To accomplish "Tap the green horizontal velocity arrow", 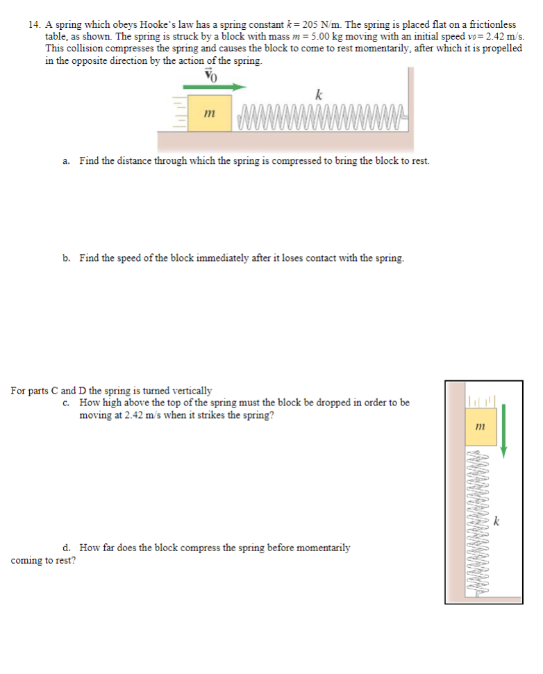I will click(x=215, y=87).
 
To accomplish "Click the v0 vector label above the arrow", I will click(x=211, y=75).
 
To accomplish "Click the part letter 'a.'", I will click(x=66, y=161).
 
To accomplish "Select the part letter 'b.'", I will click(x=66, y=258).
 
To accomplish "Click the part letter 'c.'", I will click(x=66, y=403).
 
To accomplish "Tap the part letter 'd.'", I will click(x=66, y=548).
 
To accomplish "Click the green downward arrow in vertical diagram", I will click(x=504, y=430).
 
